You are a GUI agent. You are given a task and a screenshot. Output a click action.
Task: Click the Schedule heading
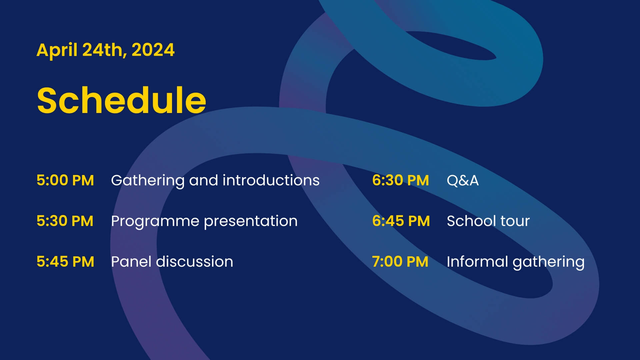click(x=121, y=100)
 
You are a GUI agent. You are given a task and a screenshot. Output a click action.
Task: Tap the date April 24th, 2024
click(x=105, y=50)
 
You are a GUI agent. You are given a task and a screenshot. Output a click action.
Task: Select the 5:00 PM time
click(x=65, y=180)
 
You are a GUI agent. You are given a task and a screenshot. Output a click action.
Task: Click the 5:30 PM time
click(x=65, y=221)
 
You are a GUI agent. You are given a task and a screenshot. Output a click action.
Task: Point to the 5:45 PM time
click(x=65, y=262)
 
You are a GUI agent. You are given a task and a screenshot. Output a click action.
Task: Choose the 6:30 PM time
click(x=401, y=180)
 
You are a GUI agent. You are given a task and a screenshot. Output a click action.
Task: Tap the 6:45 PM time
click(x=401, y=221)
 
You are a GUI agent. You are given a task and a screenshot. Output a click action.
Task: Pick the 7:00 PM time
click(x=400, y=262)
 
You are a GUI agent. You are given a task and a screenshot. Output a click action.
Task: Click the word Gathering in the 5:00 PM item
click(x=148, y=181)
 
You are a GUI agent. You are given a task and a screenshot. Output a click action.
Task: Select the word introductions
click(x=271, y=180)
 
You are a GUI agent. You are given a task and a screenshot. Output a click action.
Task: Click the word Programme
click(x=155, y=222)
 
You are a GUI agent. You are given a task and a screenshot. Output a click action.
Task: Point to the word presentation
click(x=251, y=222)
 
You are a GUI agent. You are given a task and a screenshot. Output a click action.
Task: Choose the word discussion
click(x=195, y=262)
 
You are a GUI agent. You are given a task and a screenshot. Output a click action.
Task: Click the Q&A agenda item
click(x=463, y=181)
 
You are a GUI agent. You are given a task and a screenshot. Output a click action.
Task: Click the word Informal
click(x=477, y=262)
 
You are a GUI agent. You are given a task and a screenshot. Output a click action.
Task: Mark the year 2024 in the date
click(x=153, y=50)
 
